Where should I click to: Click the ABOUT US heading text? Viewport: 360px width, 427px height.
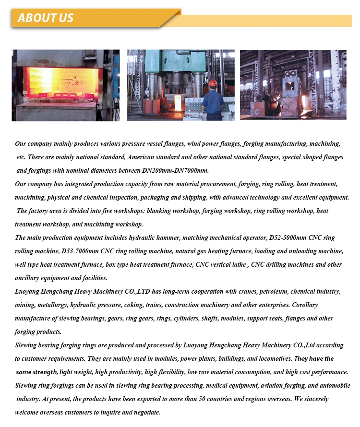point(46,18)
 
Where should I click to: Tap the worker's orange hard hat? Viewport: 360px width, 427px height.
point(213,83)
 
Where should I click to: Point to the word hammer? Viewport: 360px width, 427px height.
point(168,237)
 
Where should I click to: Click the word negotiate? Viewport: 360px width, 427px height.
point(144,412)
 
